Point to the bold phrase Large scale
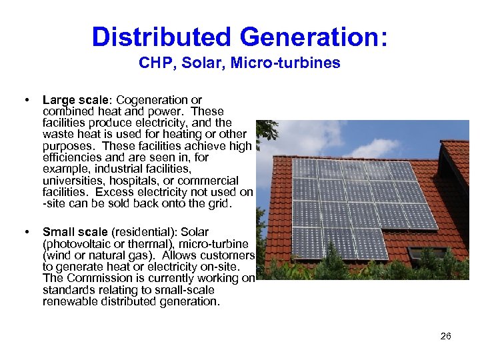coord(71,100)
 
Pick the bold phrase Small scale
coord(75,232)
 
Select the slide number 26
coord(445,336)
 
